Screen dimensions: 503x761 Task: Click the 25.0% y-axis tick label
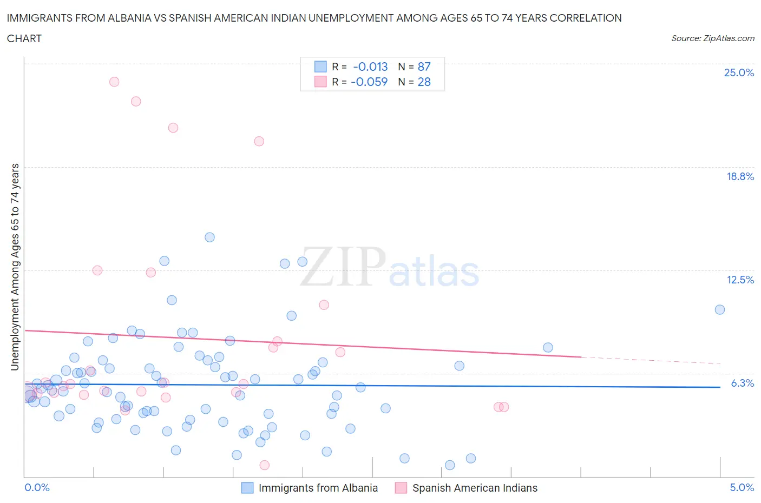pos(739,72)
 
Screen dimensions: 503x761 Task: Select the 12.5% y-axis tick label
pos(740,280)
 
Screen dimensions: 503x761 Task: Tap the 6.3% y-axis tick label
pos(742,383)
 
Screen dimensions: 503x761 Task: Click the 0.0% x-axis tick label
pos(37,487)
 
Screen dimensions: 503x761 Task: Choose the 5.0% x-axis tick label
pos(742,487)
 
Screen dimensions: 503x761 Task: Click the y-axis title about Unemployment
pos(15,267)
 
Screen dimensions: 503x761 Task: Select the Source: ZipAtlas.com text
pos(712,38)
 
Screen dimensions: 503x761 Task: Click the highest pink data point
pos(114,82)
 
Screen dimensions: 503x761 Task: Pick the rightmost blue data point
pos(719,309)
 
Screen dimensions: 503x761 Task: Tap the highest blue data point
pos(209,237)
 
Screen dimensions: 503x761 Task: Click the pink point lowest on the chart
pos(264,465)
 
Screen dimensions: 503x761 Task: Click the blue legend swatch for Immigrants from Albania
pos(247,488)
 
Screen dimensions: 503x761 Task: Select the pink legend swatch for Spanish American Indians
pos(401,488)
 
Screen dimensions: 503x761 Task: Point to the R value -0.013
pos(370,67)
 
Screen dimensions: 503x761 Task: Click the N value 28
pos(424,82)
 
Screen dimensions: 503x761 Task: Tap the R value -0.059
pos(369,82)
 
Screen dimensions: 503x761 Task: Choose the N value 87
pos(424,67)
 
